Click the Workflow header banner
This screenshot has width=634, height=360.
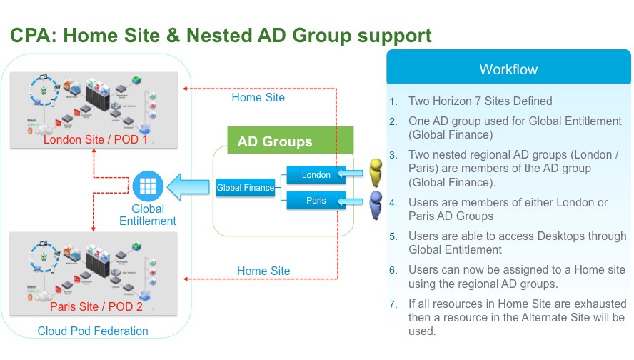coord(508,69)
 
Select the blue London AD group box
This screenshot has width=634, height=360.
coord(316,174)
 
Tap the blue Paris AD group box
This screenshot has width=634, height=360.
coord(316,201)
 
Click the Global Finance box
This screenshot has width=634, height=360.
coord(246,188)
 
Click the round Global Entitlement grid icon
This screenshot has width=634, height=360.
coord(148,186)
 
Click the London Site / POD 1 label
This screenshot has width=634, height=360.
coord(96,139)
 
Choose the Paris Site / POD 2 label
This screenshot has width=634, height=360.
coord(96,307)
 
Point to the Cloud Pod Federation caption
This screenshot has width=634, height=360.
coord(93,331)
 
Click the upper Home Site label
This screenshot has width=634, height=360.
coord(258,97)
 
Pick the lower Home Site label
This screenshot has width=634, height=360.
coord(263,271)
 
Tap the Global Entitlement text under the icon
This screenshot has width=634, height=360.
coord(148,215)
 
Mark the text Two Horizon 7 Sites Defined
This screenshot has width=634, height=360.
coord(480,101)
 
